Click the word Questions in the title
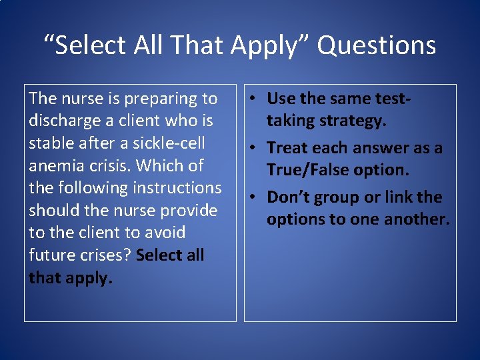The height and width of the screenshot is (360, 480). click(376, 45)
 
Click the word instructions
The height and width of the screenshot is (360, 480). click(176, 188)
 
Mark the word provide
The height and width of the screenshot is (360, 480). click(190, 211)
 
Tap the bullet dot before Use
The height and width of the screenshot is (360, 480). click(256, 99)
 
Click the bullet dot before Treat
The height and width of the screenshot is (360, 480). click(256, 148)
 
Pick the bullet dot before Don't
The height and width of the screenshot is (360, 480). click(256, 197)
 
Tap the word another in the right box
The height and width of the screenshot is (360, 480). click(413, 219)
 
